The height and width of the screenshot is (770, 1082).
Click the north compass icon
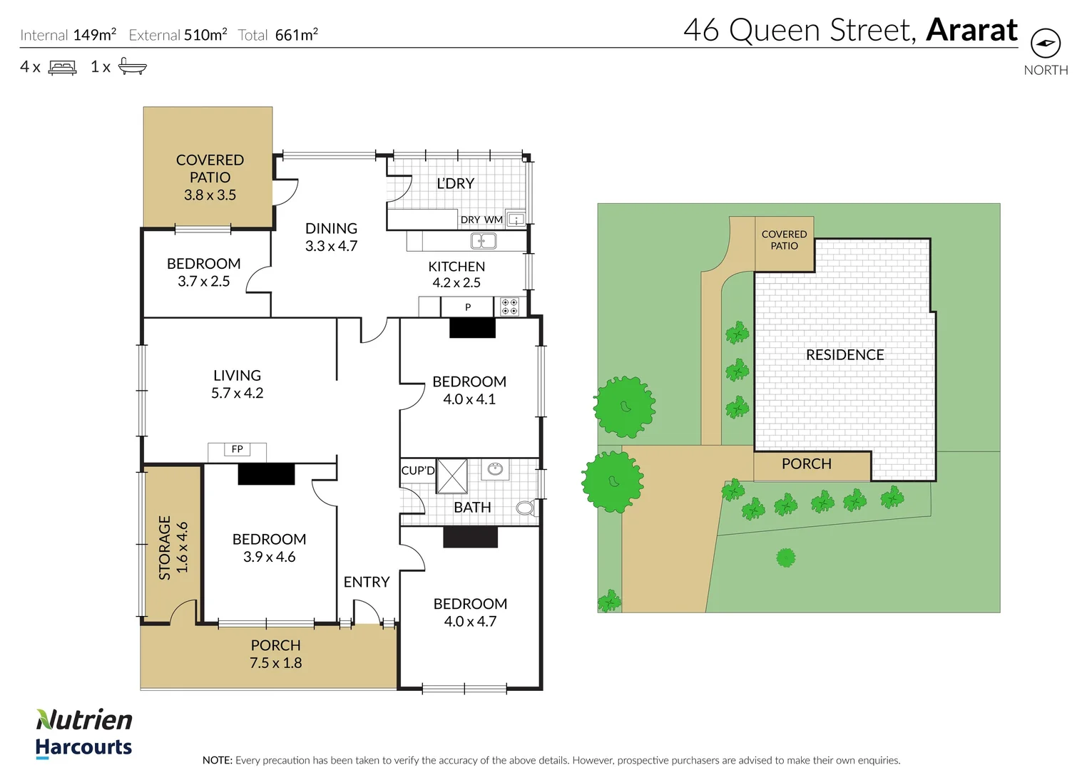point(1045,43)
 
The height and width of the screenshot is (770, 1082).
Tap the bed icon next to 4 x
point(62,68)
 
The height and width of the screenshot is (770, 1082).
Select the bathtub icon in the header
point(132,66)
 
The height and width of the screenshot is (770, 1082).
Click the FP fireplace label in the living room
point(238,449)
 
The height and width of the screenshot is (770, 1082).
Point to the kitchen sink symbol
point(483,242)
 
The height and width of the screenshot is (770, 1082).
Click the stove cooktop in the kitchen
point(509,307)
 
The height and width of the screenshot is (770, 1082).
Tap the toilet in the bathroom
point(526,508)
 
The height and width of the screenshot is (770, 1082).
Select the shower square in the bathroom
point(451,476)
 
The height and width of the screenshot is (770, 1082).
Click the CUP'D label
point(417,471)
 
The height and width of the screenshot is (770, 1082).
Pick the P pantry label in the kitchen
point(468,307)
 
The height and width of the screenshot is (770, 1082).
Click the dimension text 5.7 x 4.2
point(237,393)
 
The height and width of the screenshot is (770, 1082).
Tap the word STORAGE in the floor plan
point(165,548)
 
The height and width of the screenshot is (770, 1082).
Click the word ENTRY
point(367,582)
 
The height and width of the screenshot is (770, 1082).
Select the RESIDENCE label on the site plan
point(844,354)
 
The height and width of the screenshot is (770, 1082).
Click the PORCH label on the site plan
point(806,463)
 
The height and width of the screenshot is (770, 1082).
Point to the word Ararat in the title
point(971,30)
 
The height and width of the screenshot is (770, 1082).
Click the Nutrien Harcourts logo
point(84,733)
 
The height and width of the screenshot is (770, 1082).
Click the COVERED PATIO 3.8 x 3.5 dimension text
point(210,195)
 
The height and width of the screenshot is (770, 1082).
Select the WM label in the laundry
point(494,220)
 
